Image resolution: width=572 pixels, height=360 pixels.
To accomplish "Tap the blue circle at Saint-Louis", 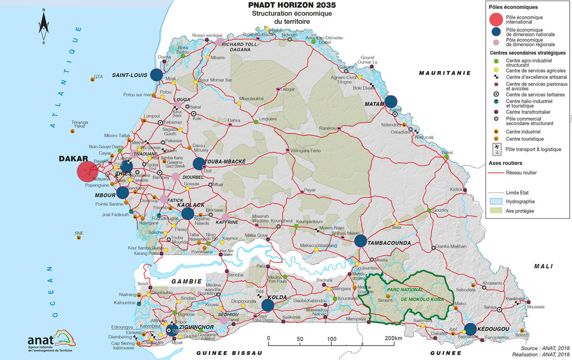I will [x=156, y=75].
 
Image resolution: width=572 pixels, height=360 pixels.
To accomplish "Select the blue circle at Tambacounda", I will [x=360, y=241].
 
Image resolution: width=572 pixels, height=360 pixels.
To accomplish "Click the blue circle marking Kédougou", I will [x=470, y=329].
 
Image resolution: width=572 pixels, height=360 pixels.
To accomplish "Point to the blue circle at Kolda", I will [x=267, y=305].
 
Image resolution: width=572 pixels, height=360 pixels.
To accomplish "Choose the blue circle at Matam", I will [x=391, y=101].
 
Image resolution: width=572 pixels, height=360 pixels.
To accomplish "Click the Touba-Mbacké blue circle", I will [x=199, y=164].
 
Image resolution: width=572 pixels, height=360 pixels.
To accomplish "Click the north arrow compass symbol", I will [x=43, y=27].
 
